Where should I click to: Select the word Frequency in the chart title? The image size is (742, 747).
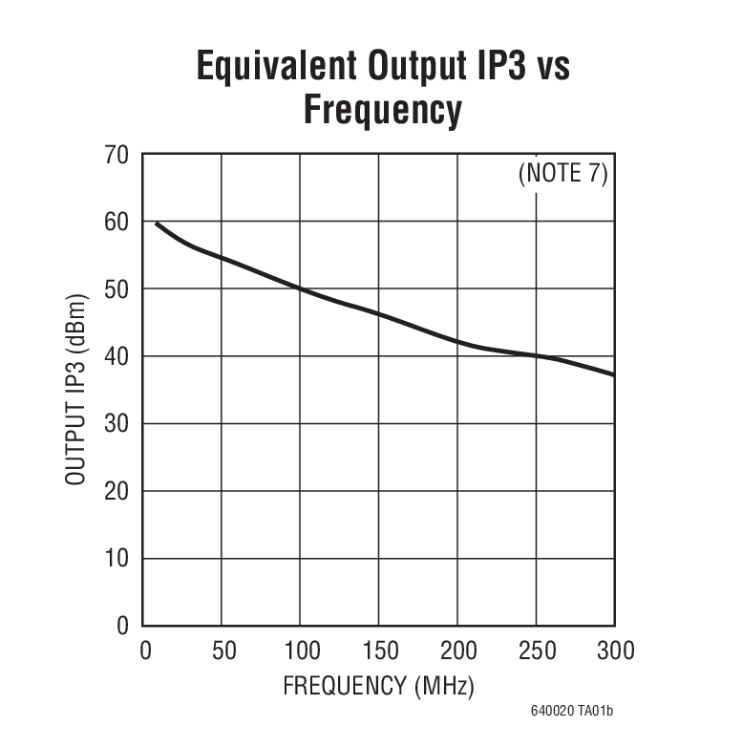382,109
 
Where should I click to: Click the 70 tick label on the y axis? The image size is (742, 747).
115,155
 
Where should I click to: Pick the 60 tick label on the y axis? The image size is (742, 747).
115,222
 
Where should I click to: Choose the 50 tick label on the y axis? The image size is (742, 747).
115,289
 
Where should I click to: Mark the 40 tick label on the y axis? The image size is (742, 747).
115,356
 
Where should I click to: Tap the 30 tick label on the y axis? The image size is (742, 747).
115,424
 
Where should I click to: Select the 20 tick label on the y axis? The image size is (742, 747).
115,491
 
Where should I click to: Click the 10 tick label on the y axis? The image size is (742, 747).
115,559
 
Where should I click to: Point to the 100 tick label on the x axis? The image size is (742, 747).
301,651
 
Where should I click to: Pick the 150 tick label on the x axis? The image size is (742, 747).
379,651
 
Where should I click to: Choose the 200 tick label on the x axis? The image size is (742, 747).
457,651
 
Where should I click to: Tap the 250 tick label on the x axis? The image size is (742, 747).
537,651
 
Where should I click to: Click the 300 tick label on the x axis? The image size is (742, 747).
614,651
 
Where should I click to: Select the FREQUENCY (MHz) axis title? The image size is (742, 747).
378,686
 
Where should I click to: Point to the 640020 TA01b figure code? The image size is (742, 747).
572,712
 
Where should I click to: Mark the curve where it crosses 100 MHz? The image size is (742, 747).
300,288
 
